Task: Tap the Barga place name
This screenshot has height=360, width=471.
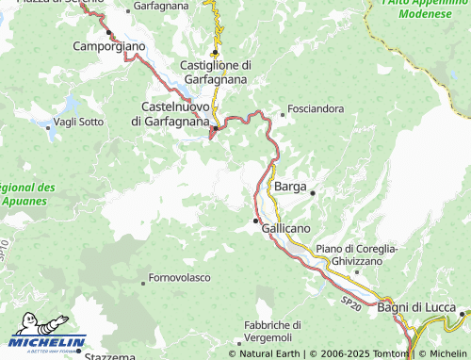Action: pos(289,188)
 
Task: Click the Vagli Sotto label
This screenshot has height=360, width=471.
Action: pos(79,122)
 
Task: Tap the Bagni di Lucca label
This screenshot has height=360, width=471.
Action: pos(415,308)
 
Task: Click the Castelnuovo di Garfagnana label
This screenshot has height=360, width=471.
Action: pos(175,113)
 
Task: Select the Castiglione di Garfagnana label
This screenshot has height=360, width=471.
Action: pos(215,73)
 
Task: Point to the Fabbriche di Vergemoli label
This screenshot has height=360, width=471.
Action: pos(269,331)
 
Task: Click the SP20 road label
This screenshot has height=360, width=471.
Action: pos(350,299)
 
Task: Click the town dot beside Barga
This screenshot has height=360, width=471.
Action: pos(312,193)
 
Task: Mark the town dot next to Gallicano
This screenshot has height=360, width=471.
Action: pos(255,221)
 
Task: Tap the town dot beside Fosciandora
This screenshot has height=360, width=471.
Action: pos(283,115)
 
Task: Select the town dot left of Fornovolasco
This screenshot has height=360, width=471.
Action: pos(142,282)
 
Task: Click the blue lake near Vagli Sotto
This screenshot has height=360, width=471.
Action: pos(44,124)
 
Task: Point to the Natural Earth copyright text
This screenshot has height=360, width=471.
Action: pos(268,353)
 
